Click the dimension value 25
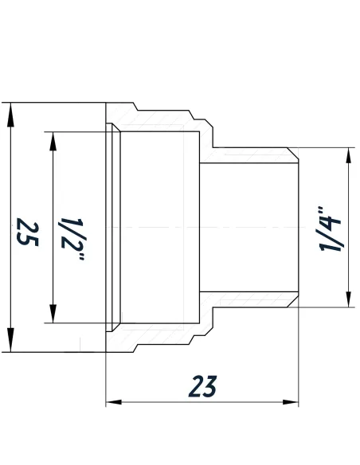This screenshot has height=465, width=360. point(26,231)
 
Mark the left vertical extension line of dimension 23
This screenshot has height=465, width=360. point(106,374)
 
